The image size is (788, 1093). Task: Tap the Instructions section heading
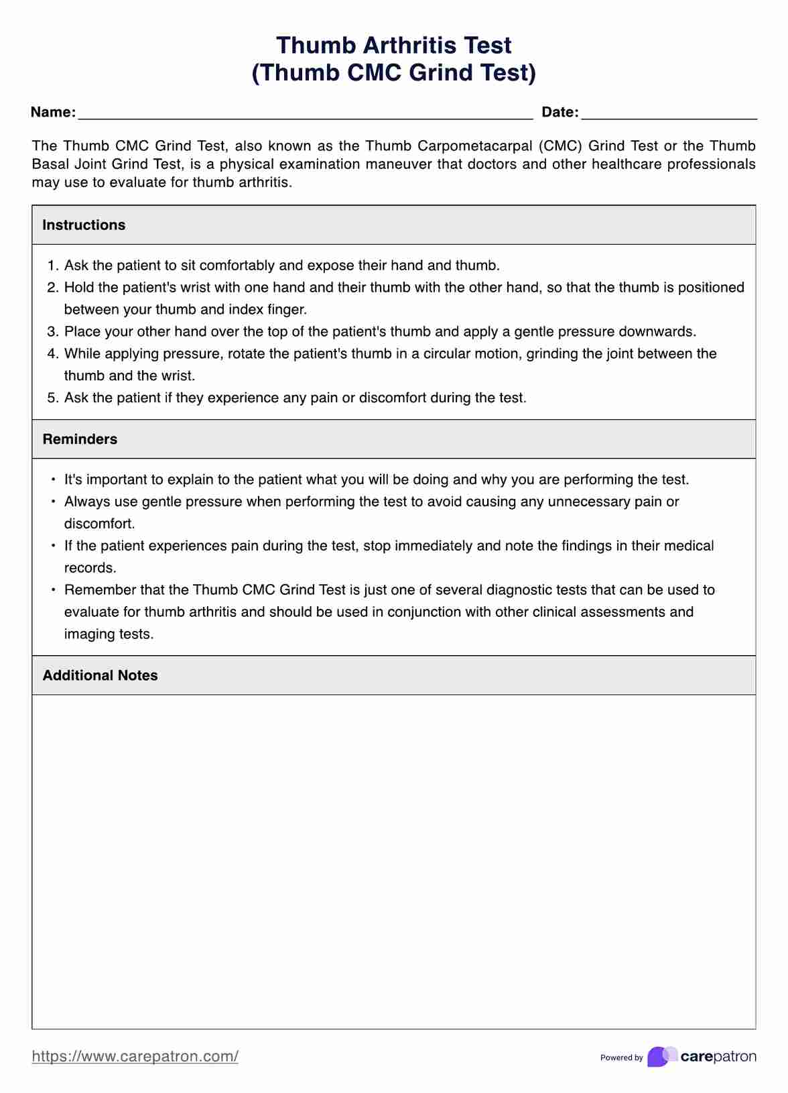pos(84,225)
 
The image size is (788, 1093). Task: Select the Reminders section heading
pos(80,439)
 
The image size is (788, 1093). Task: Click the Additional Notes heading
pos(101,675)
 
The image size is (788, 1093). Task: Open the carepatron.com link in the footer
pos(135,1056)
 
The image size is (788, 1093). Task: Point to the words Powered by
pos(621,1057)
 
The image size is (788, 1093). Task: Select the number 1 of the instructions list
pos(52,266)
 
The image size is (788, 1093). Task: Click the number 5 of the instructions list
pos(52,398)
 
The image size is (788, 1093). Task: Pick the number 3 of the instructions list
pos(52,331)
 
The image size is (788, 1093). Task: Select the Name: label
pos(53,112)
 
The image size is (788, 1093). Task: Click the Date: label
pos(560,112)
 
